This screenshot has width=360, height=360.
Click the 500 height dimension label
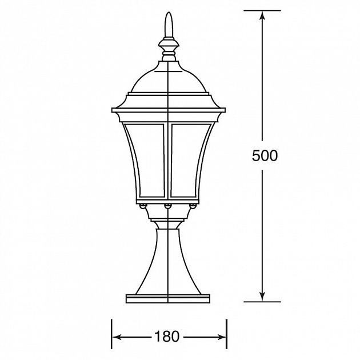(265, 156)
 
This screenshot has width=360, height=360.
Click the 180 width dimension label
(167, 337)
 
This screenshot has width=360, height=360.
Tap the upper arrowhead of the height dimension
(262, 17)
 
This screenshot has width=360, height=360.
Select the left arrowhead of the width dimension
(117, 337)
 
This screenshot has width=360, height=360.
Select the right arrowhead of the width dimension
(221, 337)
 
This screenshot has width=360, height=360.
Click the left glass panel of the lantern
(149, 160)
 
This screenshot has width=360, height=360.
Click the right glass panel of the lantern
(188, 160)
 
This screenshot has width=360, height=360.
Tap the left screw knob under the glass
(143, 206)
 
